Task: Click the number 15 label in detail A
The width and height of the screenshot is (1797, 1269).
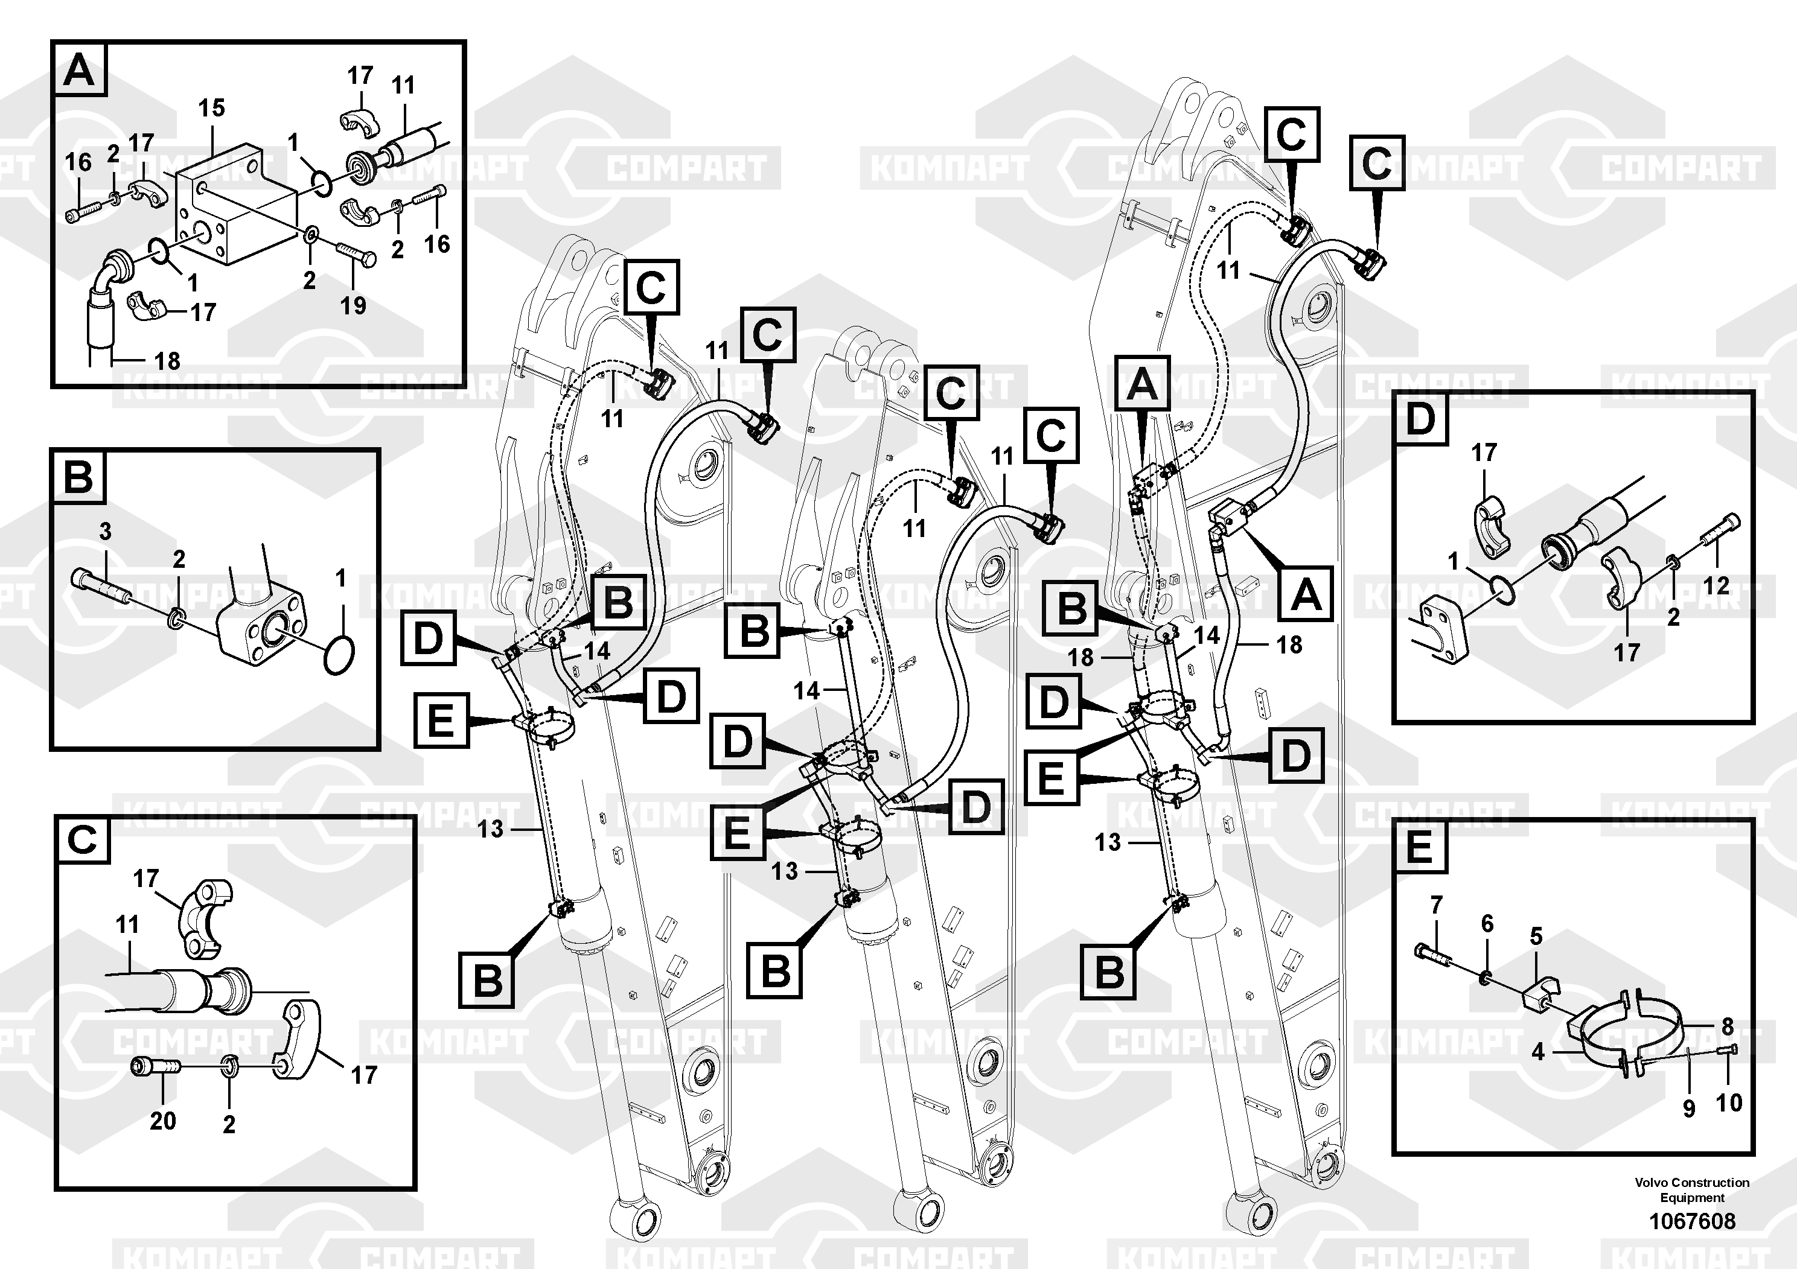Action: (211, 108)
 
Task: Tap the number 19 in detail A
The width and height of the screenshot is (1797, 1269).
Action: (353, 305)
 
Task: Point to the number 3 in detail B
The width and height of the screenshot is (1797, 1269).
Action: (106, 532)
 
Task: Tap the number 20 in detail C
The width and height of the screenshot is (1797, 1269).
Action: (163, 1121)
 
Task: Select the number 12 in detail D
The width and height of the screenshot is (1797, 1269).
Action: (1716, 585)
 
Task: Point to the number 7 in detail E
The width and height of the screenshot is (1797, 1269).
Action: (1436, 905)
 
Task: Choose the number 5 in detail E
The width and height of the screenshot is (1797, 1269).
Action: (1536, 937)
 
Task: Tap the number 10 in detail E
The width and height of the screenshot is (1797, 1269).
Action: (1729, 1103)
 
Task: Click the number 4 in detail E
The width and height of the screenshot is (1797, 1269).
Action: (1539, 1052)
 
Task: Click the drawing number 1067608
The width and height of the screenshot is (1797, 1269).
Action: (1692, 1221)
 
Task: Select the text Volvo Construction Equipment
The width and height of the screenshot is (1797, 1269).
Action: (1692, 1190)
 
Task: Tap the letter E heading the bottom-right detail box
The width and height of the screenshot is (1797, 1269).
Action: (1419, 848)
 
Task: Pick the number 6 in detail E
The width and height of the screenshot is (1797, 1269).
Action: (1487, 924)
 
